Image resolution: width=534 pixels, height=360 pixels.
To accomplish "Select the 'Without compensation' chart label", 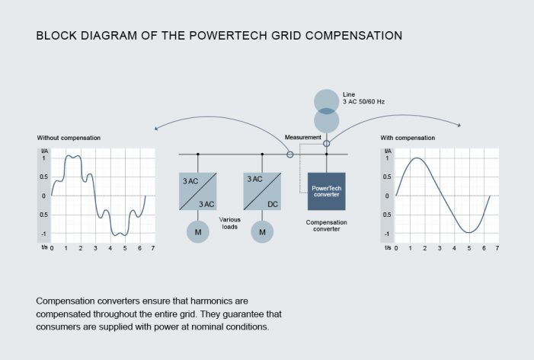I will click(69, 138).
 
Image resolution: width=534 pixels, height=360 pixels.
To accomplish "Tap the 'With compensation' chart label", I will click(408, 138).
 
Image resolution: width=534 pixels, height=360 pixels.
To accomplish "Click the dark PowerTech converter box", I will click(326, 191).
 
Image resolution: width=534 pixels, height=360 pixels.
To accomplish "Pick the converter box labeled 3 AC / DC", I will click(263, 191).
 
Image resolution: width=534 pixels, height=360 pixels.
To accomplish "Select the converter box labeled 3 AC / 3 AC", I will click(198, 191).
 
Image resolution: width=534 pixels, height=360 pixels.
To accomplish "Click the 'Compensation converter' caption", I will click(327, 225).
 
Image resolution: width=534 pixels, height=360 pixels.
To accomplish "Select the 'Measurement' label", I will click(302, 137).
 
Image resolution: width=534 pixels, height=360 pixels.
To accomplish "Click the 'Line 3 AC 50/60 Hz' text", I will click(364, 97).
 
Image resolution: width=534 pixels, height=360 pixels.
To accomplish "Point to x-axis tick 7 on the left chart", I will click(153, 248).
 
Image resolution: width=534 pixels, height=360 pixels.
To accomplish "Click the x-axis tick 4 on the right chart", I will click(454, 248).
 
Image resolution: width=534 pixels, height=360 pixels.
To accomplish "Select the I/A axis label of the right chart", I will click(387, 151).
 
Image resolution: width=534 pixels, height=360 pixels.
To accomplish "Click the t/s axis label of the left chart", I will click(43, 248).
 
